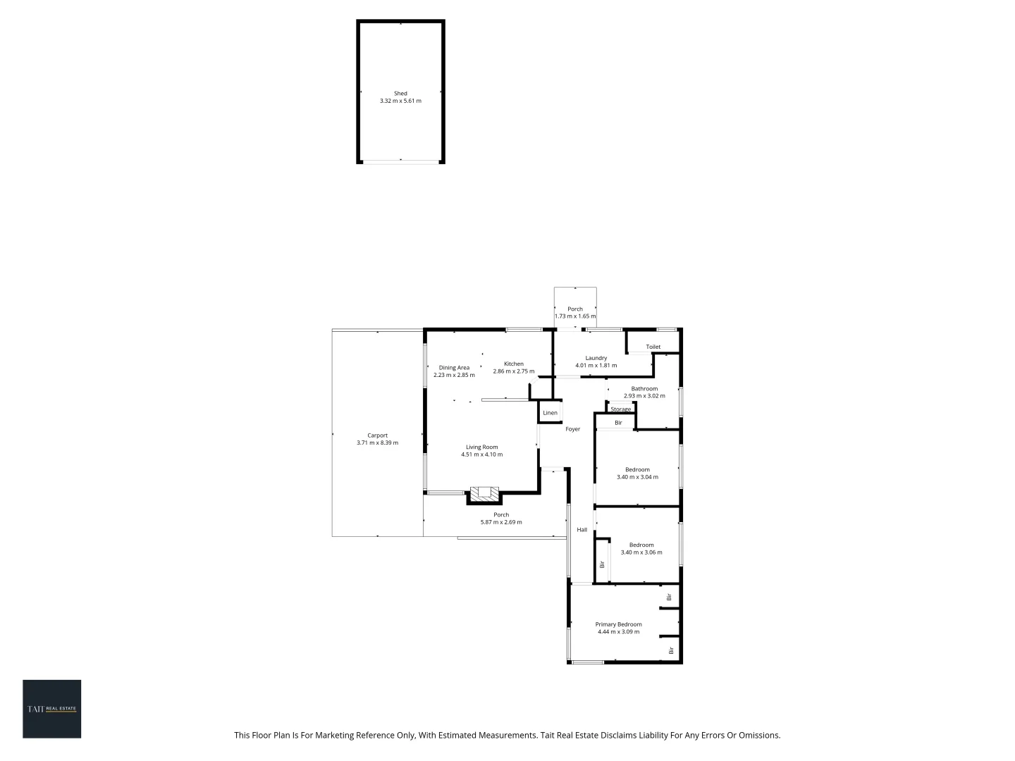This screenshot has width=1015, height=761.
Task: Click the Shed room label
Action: pos(400,93)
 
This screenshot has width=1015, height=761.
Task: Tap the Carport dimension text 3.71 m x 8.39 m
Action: pos(377,443)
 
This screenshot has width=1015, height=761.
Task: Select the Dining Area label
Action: pos(454,368)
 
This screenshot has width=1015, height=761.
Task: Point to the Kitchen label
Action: pos(513,364)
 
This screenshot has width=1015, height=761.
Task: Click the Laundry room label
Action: pos(596,358)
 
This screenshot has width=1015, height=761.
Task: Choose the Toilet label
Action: pos(653,347)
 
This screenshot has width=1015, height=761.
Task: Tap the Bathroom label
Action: pos(644,388)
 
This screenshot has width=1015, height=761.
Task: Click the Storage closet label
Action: pos(620,409)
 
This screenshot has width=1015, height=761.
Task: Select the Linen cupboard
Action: pos(550,413)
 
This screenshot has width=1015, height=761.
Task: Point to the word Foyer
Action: pos(572,429)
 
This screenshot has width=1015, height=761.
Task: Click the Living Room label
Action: pos(481,447)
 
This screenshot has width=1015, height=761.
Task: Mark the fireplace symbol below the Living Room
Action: pos(484,494)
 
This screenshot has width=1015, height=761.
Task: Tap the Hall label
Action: pos(582,530)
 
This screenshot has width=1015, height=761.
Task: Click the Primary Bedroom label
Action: pos(618,624)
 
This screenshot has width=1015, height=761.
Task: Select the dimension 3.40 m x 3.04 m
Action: pos(637,477)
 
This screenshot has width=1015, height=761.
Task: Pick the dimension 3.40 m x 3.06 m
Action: pos(641,552)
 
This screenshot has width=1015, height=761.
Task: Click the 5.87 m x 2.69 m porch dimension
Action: pos(501,522)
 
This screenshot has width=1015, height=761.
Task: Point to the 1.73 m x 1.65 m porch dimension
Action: pos(575,316)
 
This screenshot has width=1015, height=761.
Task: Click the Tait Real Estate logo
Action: pos(51,709)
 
